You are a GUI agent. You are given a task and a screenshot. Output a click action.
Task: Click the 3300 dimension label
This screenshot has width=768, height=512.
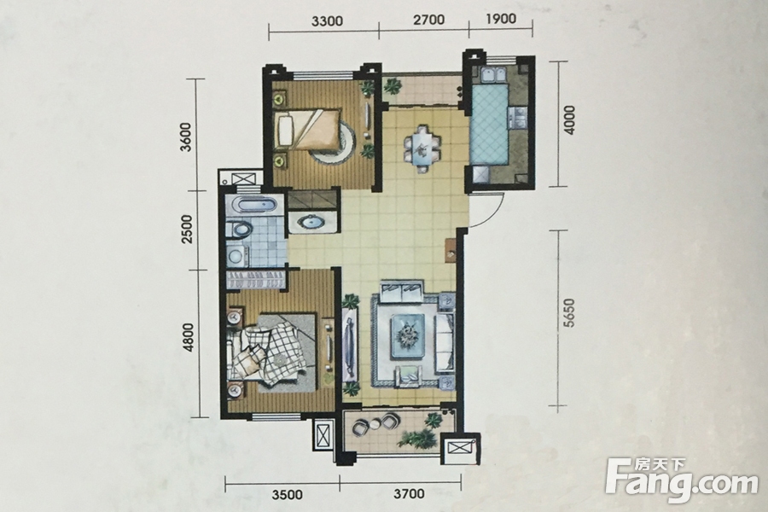327,21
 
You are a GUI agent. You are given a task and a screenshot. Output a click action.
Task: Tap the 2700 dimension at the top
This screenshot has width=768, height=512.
428,20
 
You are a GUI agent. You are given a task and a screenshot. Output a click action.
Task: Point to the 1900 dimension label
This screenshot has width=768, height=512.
502,19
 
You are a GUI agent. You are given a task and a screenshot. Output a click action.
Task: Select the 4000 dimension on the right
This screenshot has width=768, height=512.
570,120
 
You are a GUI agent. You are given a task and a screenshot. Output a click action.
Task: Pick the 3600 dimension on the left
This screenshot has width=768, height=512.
187,137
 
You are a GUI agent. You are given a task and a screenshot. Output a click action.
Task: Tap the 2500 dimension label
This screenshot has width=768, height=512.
187,230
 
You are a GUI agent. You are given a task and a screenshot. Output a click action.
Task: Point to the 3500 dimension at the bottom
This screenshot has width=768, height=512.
286,494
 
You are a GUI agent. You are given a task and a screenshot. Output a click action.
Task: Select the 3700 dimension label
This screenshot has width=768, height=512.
409,493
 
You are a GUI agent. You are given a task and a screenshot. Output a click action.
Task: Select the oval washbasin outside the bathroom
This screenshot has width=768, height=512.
311,223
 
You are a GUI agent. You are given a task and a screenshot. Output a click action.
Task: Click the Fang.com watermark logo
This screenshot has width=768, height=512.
681,477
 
